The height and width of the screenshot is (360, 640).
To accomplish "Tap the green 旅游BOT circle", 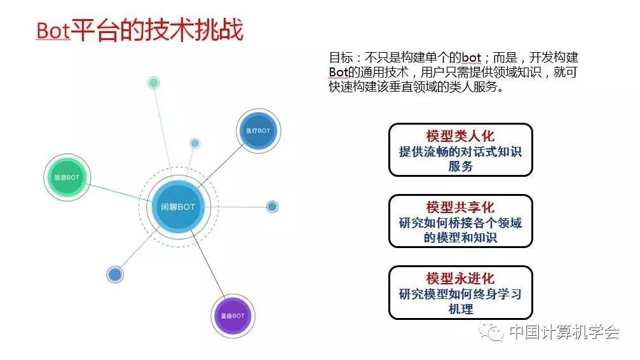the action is click(67, 177).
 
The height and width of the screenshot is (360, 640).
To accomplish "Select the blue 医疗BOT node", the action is click(257, 130).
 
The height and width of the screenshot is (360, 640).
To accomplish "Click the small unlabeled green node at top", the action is click(153, 82).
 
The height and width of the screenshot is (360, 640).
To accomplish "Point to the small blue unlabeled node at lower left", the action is click(115, 274).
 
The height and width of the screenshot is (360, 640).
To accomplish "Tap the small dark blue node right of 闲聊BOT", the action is click(272, 207).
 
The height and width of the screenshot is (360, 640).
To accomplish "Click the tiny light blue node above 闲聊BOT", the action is click(195, 142).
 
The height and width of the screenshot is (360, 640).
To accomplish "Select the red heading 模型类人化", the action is click(460, 136).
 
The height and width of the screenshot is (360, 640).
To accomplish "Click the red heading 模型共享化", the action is click(460, 207).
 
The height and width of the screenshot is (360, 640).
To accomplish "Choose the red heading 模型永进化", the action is click(460, 279).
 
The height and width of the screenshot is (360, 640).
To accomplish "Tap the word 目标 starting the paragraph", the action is click(340, 58).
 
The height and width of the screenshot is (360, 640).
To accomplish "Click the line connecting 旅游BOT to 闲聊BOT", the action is click(118, 192).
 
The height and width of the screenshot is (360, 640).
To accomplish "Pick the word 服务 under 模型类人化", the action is click(460, 166).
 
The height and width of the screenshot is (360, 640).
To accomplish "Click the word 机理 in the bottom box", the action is click(460, 309).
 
